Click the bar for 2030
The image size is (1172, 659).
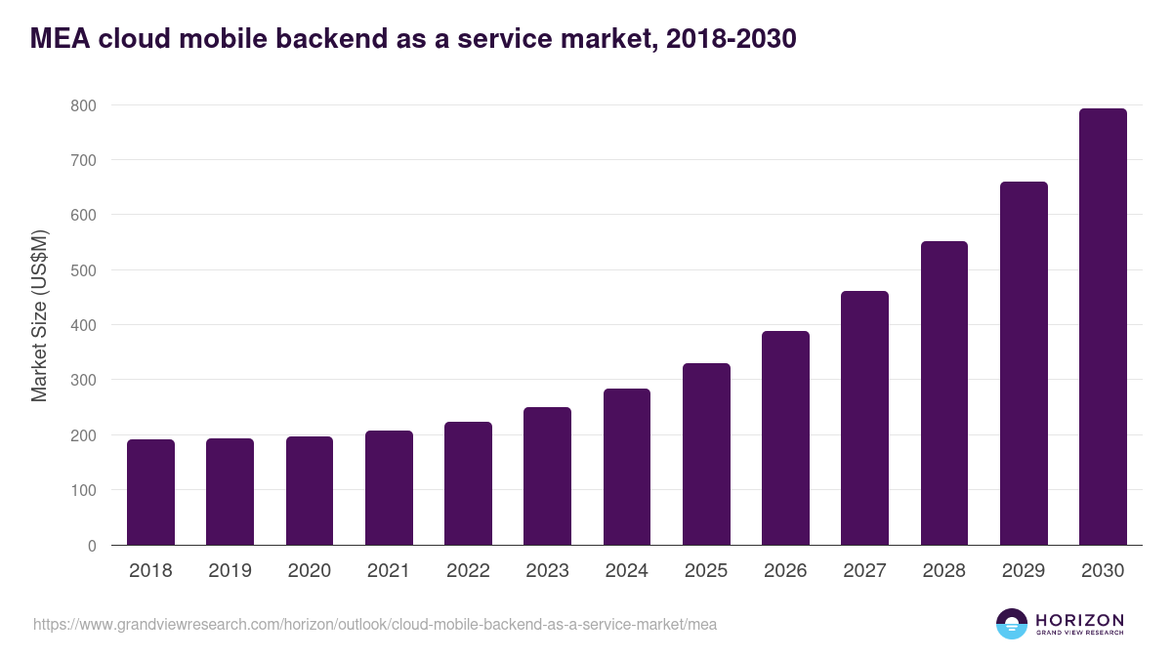tap(1103, 327)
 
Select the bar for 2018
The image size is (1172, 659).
tap(150, 492)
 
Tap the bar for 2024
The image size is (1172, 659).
tap(627, 467)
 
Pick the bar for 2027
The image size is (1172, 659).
tap(864, 418)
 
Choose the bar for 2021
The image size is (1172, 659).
tap(389, 488)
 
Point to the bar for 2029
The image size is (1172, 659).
tap(1024, 363)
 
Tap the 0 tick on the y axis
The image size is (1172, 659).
tap(92, 546)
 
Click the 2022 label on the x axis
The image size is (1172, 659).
tap(468, 571)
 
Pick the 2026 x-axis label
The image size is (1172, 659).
tap(785, 571)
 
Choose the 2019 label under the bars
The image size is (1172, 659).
tap(230, 571)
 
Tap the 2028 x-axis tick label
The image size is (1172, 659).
tap(944, 571)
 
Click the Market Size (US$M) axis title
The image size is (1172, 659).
tap(39, 315)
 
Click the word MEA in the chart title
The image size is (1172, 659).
tap(62, 39)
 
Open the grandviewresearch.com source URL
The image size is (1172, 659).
tap(375, 624)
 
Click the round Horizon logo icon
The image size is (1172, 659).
tap(1012, 624)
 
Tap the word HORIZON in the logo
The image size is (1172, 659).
tap(1079, 620)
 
